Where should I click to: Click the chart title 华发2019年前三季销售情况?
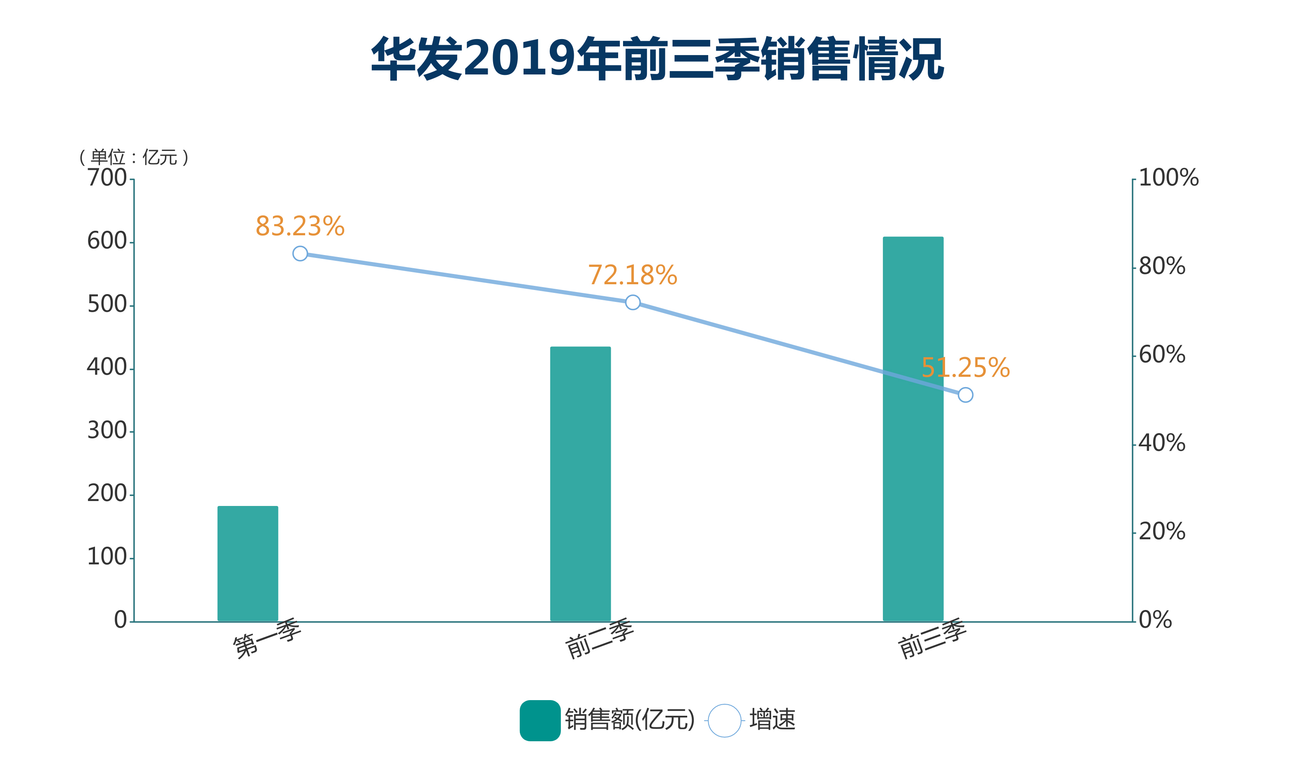[657, 58]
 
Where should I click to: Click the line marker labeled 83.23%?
[300, 253]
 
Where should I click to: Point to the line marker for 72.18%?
[633, 302]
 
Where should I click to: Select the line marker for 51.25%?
[966, 395]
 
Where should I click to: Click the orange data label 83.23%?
[300, 226]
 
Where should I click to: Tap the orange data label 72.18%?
[633, 275]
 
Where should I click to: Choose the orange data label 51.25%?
[966, 368]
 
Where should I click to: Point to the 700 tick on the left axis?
[107, 178]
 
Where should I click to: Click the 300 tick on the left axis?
[107, 431]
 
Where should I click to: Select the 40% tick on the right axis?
[1162, 443]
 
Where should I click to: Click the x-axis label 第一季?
[266, 638]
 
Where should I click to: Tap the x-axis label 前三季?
[932, 638]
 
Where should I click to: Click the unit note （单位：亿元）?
[134, 157]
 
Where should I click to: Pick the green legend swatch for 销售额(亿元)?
[540, 720]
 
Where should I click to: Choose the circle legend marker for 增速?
[724, 721]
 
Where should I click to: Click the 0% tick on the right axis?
[1155, 620]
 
